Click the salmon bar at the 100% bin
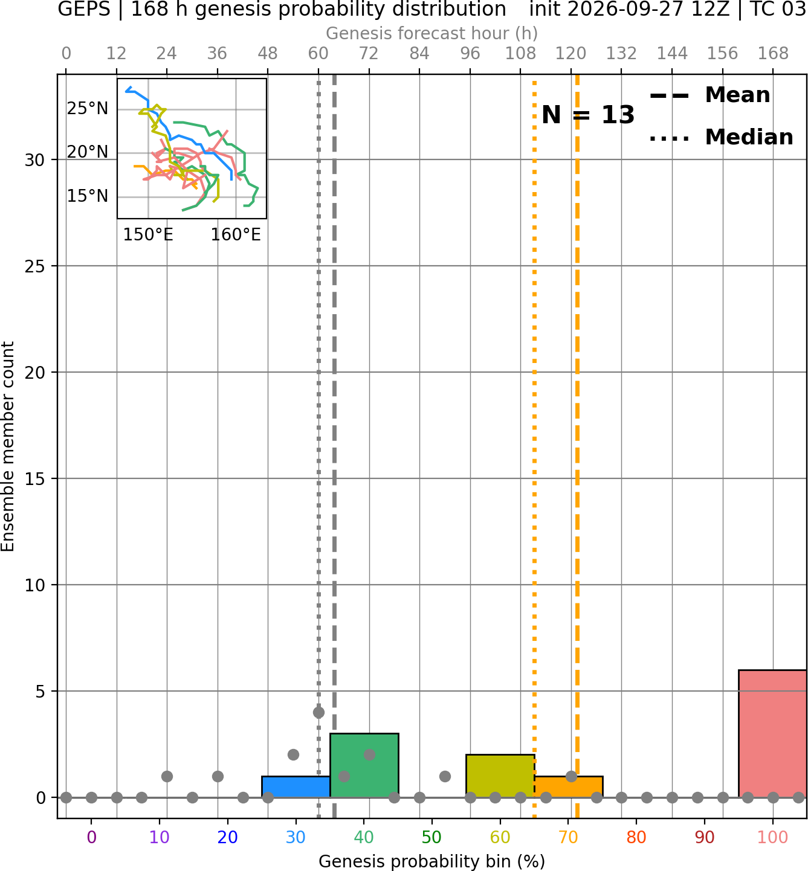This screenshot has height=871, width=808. [772, 733]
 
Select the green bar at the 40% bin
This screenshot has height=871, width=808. [364, 765]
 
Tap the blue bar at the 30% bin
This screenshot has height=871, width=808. [296, 787]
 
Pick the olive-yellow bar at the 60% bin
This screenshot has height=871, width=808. [500, 776]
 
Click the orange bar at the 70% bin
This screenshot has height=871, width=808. [569, 787]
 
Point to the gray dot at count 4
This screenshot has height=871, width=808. [318, 712]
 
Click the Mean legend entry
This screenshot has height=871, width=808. [709, 95]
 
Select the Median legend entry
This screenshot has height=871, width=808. [722, 137]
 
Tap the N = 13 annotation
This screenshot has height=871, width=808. [588, 115]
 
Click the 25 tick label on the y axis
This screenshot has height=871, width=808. [35, 266]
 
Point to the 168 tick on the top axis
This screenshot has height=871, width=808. [774, 54]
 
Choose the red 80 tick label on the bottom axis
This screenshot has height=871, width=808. [636, 837]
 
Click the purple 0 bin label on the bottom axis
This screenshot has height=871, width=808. [91, 837]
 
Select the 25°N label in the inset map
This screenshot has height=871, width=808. [88, 108]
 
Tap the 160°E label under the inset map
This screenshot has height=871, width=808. [236, 235]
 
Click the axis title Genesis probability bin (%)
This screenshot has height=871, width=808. [432, 861]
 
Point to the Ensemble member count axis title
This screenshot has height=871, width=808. [7, 446]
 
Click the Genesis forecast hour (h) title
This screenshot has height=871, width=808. [432, 33]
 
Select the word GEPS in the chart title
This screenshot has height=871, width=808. [84, 9]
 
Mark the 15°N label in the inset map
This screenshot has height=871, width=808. [88, 196]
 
